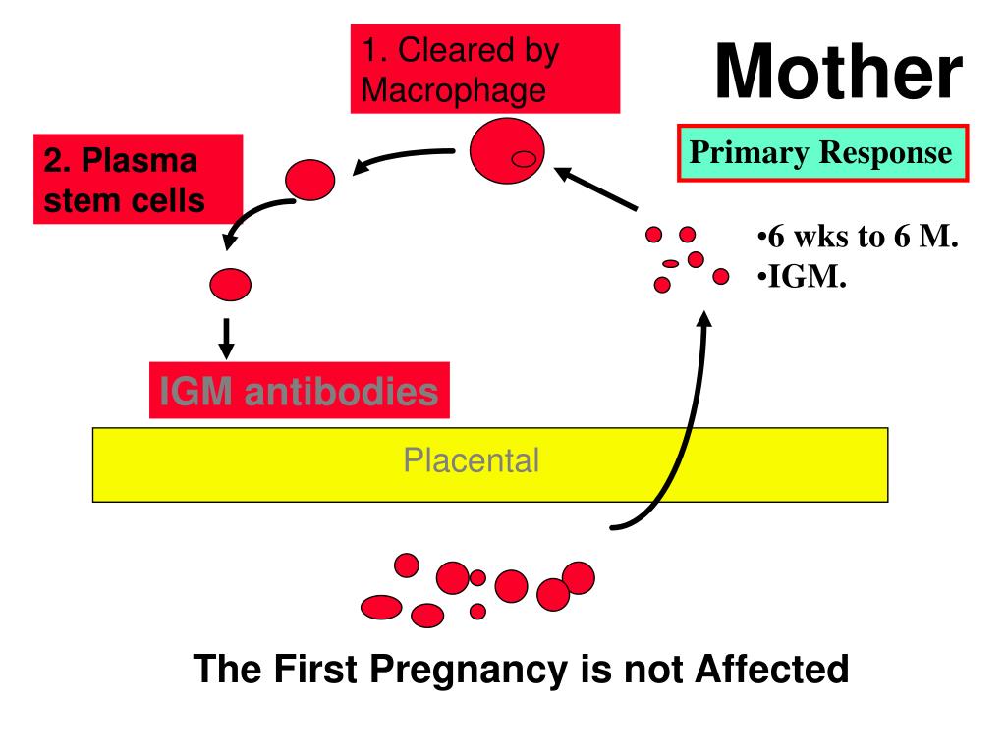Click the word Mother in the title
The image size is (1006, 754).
coord(837,75)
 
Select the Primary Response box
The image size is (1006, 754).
coord(822,153)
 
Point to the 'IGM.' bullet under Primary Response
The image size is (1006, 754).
coord(803,278)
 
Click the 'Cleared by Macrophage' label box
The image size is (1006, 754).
coord(485,69)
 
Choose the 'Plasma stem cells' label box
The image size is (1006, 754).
coord(137,180)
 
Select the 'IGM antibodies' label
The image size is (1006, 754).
coord(299,392)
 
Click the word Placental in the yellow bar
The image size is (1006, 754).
coord(472,460)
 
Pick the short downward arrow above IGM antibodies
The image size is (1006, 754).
coord(226,337)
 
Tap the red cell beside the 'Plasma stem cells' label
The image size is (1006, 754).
coord(309,180)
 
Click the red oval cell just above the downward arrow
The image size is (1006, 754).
coord(230,284)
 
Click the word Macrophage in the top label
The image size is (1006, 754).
coord(453,90)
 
